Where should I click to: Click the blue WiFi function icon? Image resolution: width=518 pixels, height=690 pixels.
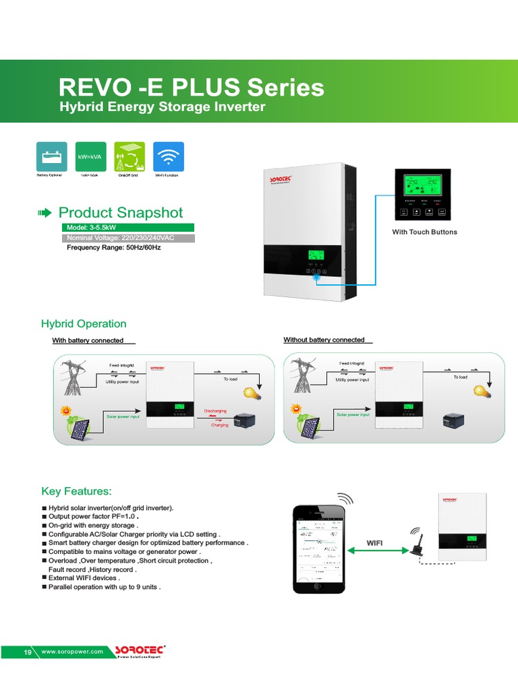click(169, 156)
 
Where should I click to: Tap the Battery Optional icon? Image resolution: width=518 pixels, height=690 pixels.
click(51, 156)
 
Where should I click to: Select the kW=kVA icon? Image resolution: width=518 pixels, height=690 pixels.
click(90, 156)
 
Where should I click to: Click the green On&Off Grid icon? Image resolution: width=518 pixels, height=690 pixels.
click(129, 156)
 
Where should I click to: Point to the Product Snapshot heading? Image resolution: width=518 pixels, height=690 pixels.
click(120, 213)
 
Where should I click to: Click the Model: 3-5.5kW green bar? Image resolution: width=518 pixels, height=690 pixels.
click(127, 228)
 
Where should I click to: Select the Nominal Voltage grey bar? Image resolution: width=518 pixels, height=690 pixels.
click(127, 238)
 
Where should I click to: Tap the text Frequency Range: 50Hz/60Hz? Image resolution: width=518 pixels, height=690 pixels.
click(113, 247)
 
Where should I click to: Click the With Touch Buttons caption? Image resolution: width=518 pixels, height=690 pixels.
click(424, 232)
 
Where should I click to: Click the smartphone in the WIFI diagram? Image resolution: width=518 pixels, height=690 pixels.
click(318, 548)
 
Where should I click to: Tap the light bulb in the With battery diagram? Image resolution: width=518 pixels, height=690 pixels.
click(252, 393)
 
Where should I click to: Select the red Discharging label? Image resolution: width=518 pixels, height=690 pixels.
click(215, 410)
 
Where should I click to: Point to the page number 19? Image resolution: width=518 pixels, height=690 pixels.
click(28, 652)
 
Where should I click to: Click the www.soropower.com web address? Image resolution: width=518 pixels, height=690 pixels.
click(72, 652)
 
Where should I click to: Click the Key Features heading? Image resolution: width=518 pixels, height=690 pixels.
click(76, 491)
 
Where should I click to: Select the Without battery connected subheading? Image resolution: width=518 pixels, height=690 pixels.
click(324, 340)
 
